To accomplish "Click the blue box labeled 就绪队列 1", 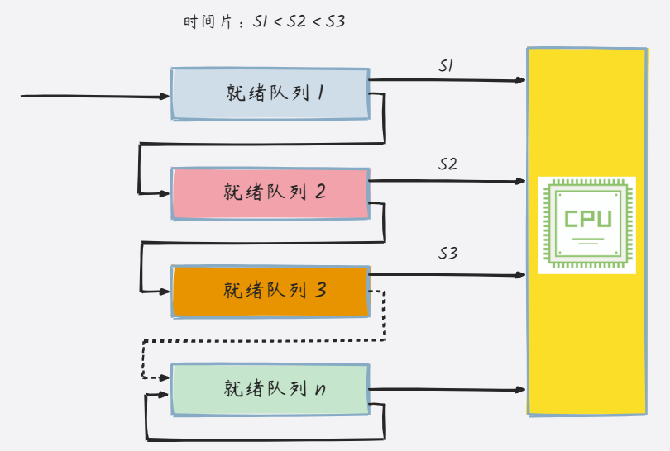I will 270,94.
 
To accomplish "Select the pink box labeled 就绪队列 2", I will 270,193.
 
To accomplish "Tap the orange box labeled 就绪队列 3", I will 270,291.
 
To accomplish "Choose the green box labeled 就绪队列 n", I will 270,388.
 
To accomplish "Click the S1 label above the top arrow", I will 445,66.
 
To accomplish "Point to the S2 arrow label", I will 447,164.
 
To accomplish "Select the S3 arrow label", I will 447,254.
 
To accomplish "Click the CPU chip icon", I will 586,225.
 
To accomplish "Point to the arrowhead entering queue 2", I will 165,193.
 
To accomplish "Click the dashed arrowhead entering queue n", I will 165,377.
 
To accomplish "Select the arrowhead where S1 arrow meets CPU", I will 521,80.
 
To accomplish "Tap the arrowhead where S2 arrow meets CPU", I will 521,180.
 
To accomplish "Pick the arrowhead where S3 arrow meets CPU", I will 521,274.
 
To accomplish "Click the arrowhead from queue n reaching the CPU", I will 521,388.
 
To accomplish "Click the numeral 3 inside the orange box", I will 321,291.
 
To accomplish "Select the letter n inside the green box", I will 320,389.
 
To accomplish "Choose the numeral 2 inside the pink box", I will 320,192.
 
